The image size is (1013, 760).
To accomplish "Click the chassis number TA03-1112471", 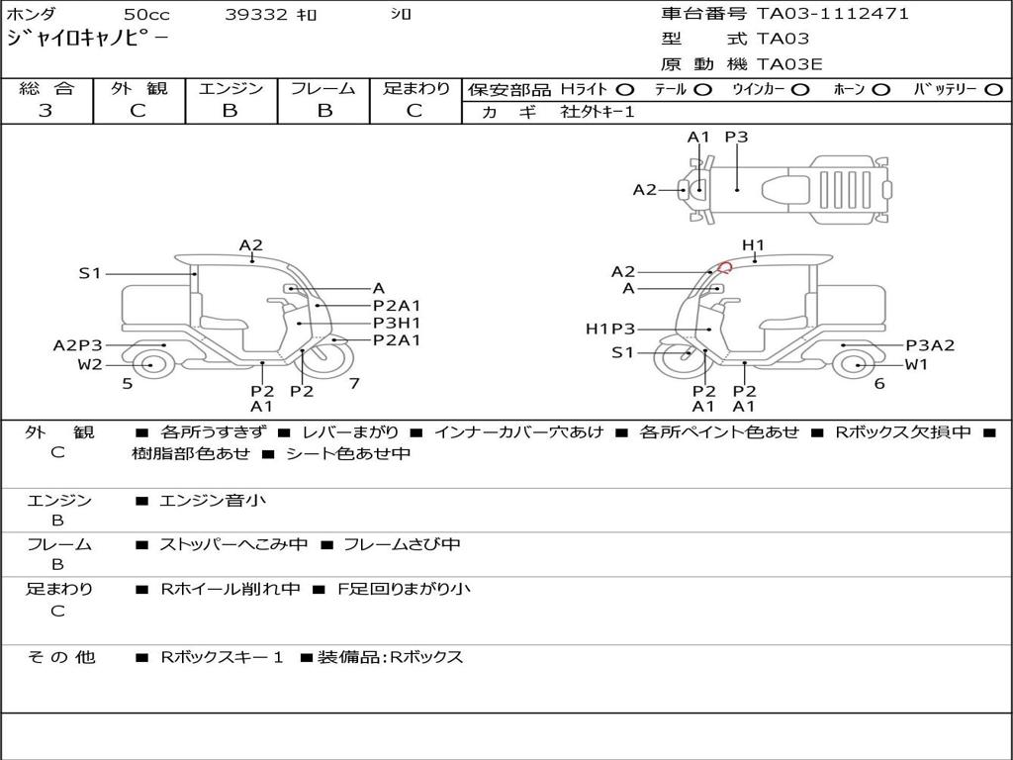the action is (x=833, y=14).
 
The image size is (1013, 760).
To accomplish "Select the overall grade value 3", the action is (x=46, y=111).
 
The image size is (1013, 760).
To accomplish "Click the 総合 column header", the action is (x=46, y=88).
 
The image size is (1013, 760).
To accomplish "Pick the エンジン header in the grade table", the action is (x=230, y=88).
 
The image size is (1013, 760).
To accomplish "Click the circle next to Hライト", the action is (x=624, y=89).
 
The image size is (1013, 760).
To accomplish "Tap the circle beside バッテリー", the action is (x=993, y=89).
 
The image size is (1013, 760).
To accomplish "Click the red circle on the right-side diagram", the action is (x=725, y=266).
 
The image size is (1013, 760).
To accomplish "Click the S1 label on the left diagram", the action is (x=90, y=273).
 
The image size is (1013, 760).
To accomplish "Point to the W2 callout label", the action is (x=90, y=364).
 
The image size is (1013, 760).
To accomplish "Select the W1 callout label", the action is (x=916, y=364).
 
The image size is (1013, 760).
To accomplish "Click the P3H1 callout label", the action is (x=397, y=323).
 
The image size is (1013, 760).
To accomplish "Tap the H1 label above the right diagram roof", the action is (x=753, y=245).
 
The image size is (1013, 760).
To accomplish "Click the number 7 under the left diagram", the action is (x=353, y=383).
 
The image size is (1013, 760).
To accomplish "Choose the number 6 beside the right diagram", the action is (x=879, y=383).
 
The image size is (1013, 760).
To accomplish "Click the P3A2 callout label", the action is (x=930, y=345).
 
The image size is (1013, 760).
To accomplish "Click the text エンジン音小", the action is (x=213, y=501).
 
